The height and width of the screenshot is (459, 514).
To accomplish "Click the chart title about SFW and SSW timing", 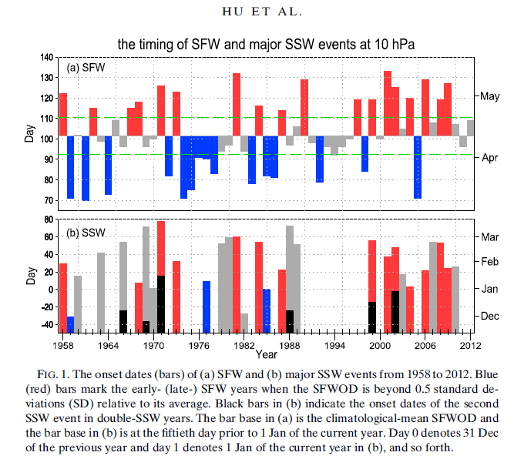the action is [266, 44].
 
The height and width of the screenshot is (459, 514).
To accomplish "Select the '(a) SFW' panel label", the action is [86, 68].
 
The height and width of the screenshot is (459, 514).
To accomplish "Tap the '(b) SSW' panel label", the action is [86, 233].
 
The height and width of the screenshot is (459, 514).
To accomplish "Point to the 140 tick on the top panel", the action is [46, 58].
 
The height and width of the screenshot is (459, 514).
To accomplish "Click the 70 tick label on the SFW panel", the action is [49, 200].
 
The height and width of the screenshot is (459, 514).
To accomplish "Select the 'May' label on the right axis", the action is [490, 96].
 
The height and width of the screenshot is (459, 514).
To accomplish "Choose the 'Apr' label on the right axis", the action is [490, 158].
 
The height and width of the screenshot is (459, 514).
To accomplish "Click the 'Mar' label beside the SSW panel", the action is [490, 237].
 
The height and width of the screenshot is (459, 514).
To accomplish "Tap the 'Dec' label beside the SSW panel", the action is [490, 317].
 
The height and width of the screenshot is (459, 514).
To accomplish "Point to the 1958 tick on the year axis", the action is [63, 346].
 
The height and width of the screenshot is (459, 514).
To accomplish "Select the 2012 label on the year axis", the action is [470, 346].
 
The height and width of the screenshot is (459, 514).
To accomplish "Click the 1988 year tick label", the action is [289, 346].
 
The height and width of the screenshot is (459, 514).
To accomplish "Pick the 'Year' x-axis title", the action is [266, 354].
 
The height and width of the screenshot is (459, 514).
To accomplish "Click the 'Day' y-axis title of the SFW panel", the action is [29, 133].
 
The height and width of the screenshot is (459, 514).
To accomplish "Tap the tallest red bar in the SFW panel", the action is [388, 103].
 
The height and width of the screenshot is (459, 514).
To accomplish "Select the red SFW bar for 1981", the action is [237, 105].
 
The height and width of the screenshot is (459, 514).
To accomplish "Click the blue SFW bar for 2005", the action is [418, 167].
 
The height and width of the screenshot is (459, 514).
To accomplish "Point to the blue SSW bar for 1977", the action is [207, 307].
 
